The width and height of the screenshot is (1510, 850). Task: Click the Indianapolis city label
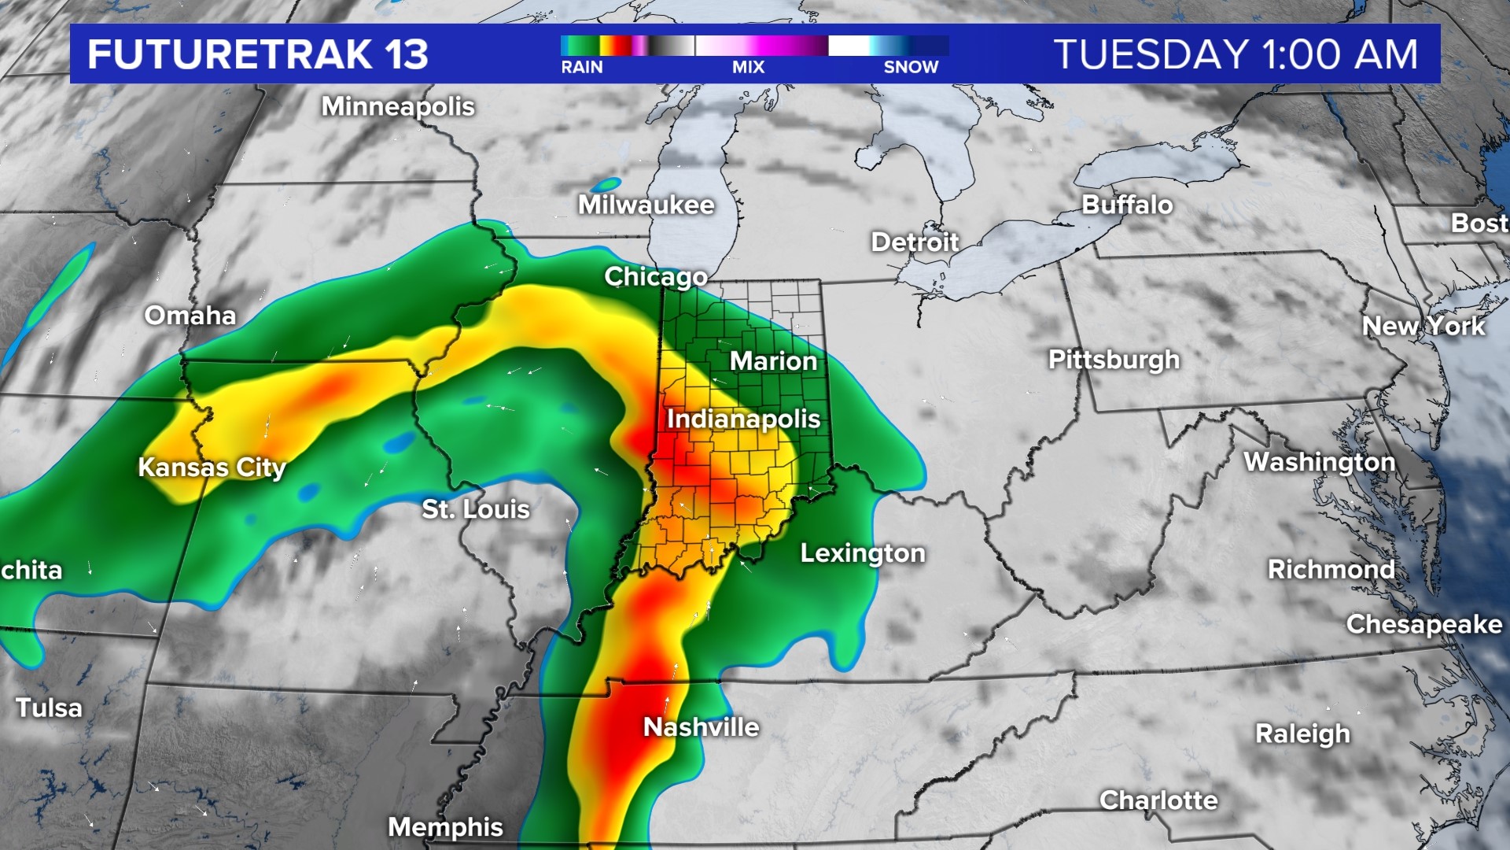click(743, 419)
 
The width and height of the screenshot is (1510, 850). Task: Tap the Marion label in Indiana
click(773, 361)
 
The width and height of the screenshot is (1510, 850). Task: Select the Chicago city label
click(655, 277)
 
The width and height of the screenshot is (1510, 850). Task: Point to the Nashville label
click(701, 727)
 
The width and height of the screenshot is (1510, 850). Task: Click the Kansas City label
click(212, 468)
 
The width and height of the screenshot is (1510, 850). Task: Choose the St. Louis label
click(475, 509)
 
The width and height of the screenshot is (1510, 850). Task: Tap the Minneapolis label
click(397, 106)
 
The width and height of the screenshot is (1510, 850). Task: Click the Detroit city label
click(915, 242)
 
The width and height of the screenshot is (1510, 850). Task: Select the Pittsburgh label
click(1114, 360)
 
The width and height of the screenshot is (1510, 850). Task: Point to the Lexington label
click(862, 553)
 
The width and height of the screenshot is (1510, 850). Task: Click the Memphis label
click(445, 827)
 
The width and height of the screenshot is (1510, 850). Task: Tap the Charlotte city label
click(1158, 800)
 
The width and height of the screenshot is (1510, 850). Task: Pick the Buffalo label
click(1126, 205)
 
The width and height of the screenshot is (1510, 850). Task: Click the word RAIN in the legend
click(581, 68)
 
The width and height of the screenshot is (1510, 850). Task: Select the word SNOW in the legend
click(911, 68)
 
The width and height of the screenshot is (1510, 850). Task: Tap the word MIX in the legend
click(748, 68)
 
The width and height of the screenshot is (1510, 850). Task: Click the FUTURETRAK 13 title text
click(257, 54)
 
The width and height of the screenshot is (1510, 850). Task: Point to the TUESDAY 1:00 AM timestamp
click(1235, 54)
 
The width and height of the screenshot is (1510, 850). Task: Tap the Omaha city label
click(190, 316)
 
